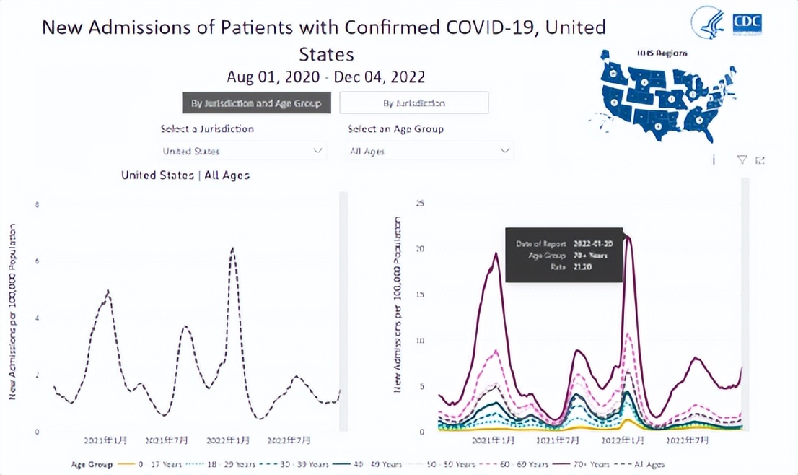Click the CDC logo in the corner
pos(747,23)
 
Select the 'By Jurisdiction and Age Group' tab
pos(256,103)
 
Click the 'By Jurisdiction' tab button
pos(414,103)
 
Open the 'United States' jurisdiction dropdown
pos(242,151)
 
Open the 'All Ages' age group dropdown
pos(431,151)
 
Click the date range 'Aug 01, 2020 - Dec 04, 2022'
pos(325,77)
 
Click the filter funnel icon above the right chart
pos(742,160)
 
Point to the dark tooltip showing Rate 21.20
pos(564,255)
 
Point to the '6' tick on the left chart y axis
pos(38,261)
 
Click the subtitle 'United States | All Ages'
pos(185,175)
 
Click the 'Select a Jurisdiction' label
pos(207,129)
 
